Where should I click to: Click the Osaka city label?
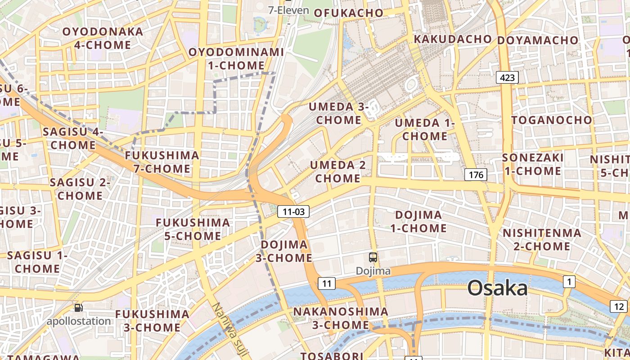pos(497,288)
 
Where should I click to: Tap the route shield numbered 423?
pos(507,77)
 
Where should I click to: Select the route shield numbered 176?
pos(476,174)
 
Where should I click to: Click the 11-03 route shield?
pos(294,211)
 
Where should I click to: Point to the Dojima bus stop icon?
pos(373,257)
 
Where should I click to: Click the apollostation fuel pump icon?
pos(79,308)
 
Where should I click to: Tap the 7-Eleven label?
pos(288,10)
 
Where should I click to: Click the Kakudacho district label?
pos(453,39)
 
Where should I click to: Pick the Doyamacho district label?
pos(537,40)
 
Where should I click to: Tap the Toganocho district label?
pos(552,120)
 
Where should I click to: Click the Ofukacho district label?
pos(348,13)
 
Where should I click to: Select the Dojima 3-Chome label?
pos(284,251)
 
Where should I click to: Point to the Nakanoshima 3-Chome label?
pos(341,318)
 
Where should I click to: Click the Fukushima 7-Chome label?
pos(162,162)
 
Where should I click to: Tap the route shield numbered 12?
pos(619,306)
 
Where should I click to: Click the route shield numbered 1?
pos(569,282)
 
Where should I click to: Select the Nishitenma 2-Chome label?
pos(542,239)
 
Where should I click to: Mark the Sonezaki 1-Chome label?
pos(533,164)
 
